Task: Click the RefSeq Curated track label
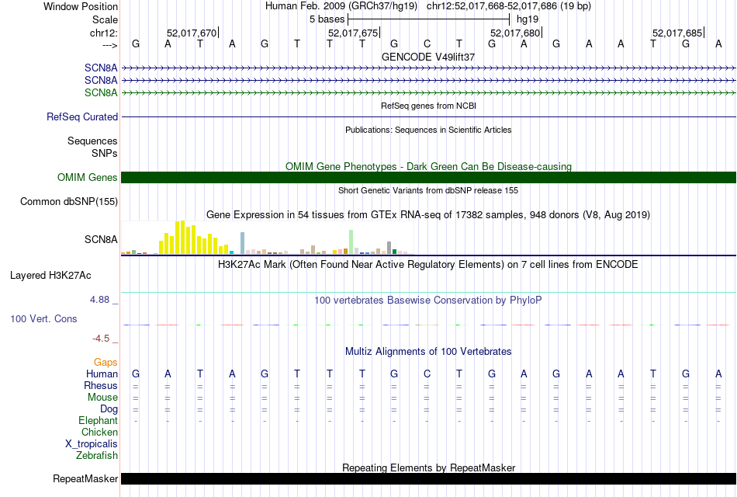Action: tap(82, 117)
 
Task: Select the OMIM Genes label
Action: tap(88, 178)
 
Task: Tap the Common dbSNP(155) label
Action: tap(69, 202)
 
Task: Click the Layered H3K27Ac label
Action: tap(50, 275)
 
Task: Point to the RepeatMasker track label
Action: tap(85, 479)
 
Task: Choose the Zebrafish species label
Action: tap(97, 456)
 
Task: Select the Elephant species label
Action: tap(99, 421)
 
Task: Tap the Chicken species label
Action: tap(99, 433)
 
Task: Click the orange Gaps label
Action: tap(106, 363)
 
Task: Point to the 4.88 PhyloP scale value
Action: tap(102, 300)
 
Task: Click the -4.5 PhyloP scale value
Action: tap(104, 339)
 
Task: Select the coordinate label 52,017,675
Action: tap(353, 33)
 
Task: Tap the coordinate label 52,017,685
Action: tap(677, 33)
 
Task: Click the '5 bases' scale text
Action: tap(327, 18)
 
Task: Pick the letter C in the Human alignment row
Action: tap(427, 374)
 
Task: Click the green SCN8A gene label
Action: tap(101, 93)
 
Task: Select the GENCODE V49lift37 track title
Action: tap(428, 57)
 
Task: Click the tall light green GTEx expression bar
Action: tap(351, 241)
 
